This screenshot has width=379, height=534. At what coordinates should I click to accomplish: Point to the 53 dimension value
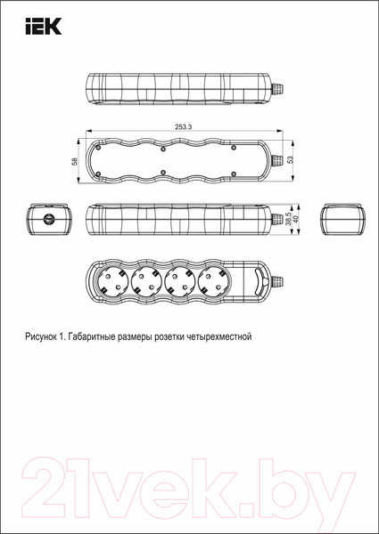[289, 159]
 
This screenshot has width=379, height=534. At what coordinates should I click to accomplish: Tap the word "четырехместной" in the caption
[222, 337]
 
